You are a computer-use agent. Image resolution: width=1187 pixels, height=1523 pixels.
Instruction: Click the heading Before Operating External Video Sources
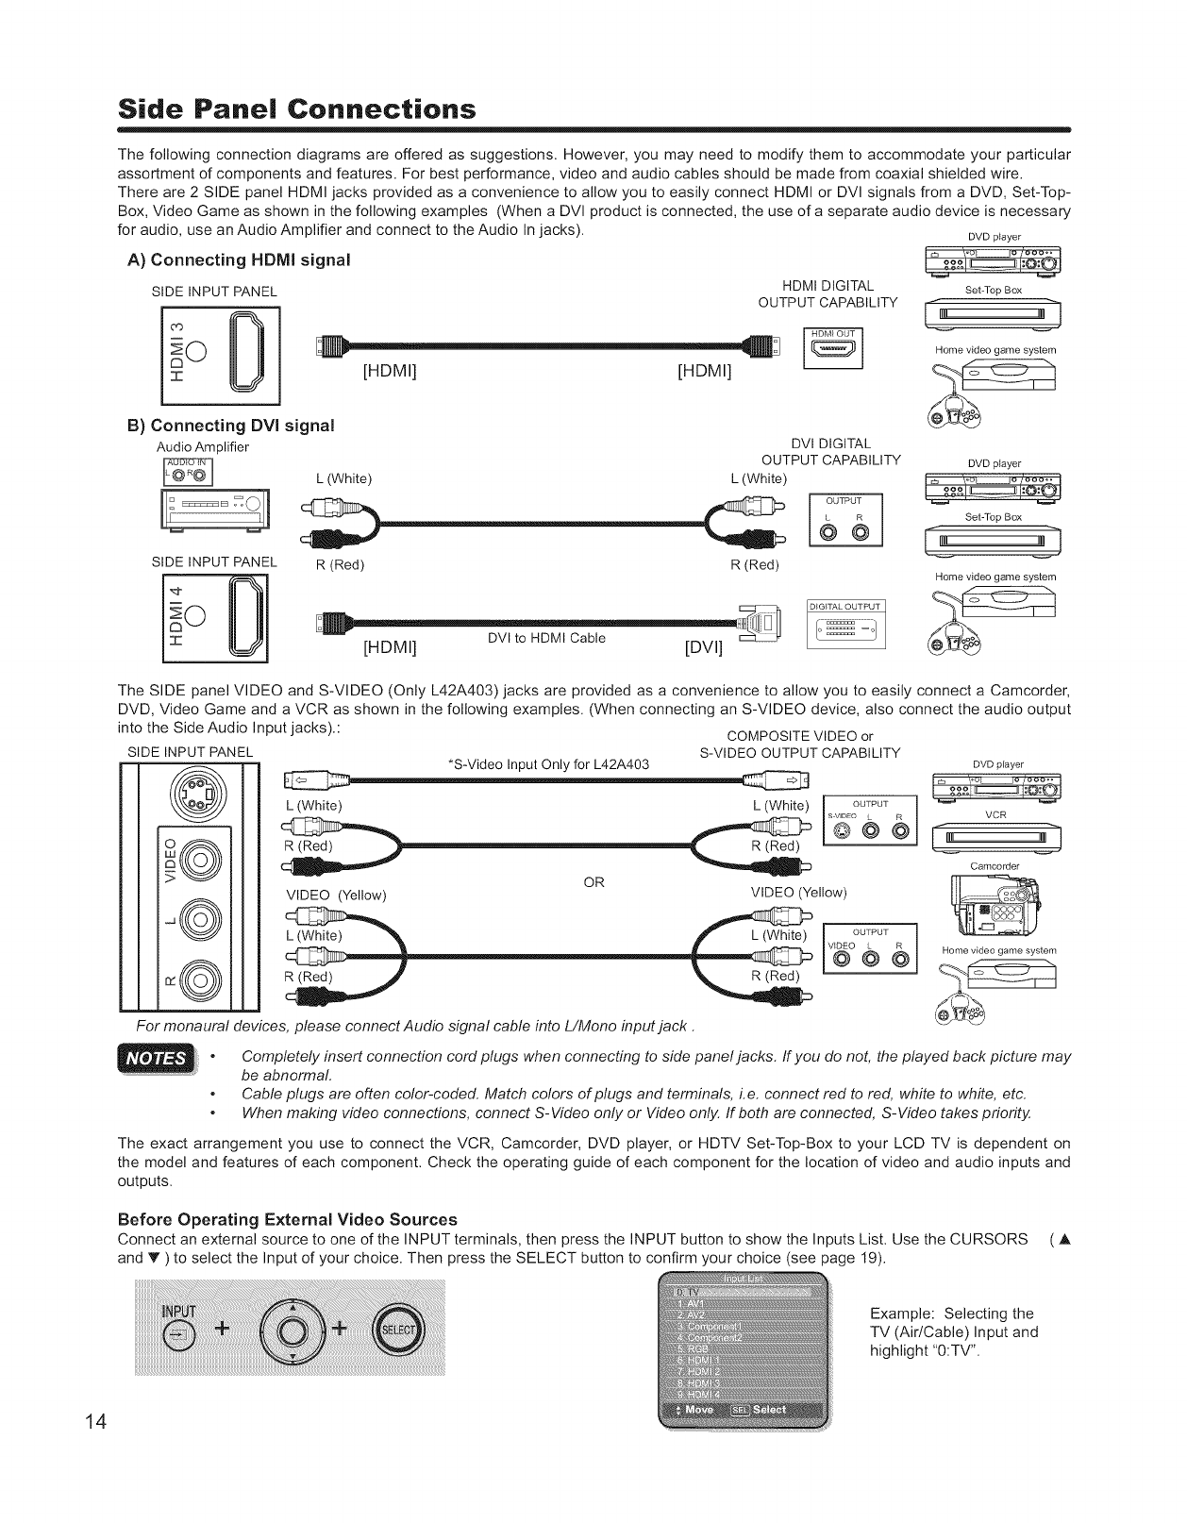(x=287, y=1219)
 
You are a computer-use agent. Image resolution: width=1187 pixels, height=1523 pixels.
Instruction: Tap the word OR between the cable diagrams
(x=593, y=882)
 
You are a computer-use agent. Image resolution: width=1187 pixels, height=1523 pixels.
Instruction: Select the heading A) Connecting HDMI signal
(x=239, y=259)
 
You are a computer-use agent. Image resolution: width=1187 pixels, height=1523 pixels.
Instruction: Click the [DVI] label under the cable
(x=703, y=648)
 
